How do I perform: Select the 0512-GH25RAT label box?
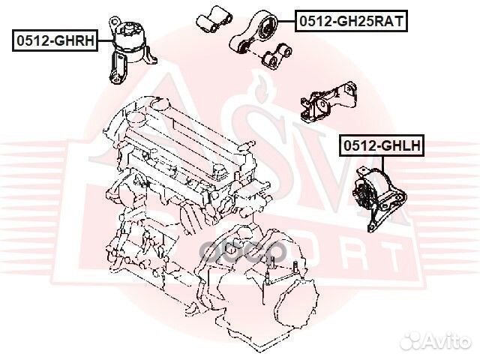(350, 22)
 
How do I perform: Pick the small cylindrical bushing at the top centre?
(209, 18)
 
